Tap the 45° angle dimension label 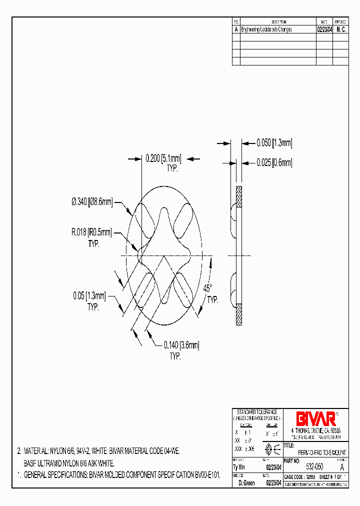pyautogui.click(x=207, y=288)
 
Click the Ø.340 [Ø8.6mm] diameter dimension pyautogui.click(x=92, y=202)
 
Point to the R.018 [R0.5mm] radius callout pyautogui.click(x=91, y=232)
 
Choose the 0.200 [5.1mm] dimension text pyautogui.click(x=162, y=159)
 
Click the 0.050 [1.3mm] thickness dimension pyautogui.click(x=274, y=143)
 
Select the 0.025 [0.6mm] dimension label pyautogui.click(x=274, y=162)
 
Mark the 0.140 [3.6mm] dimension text pyautogui.click(x=181, y=344)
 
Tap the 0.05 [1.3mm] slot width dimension pyautogui.click(x=89, y=296)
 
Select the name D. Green pyautogui.click(x=246, y=483)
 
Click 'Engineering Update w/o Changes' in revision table pyautogui.click(x=266, y=29)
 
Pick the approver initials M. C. pyautogui.click(x=341, y=29)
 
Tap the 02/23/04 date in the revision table pyautogui.click(x=324, y=29)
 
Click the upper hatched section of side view pyautogui.click(x=239, y=197)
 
